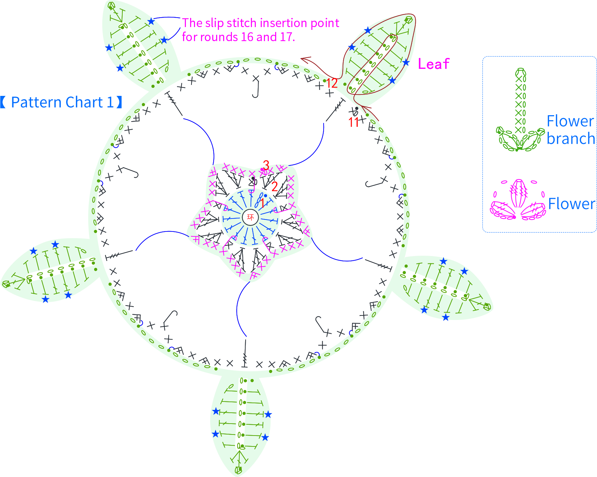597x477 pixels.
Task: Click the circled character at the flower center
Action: [250, 217]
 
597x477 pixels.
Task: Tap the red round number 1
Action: [262, 203]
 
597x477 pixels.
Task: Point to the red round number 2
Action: [274, 186]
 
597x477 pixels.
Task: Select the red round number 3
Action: [266, 165]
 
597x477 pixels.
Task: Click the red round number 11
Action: [353, 122]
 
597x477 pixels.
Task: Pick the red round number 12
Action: [332, 83]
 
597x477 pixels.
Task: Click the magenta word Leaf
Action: [434, 64]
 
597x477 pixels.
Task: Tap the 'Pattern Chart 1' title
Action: [61, 102]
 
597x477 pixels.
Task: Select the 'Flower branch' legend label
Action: [571, 130]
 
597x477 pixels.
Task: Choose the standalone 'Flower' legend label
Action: [571, 204]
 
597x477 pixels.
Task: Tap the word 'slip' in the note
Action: [214, 23]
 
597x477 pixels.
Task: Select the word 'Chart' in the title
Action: [80, 102]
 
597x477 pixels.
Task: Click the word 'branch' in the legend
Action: [571, 138]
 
